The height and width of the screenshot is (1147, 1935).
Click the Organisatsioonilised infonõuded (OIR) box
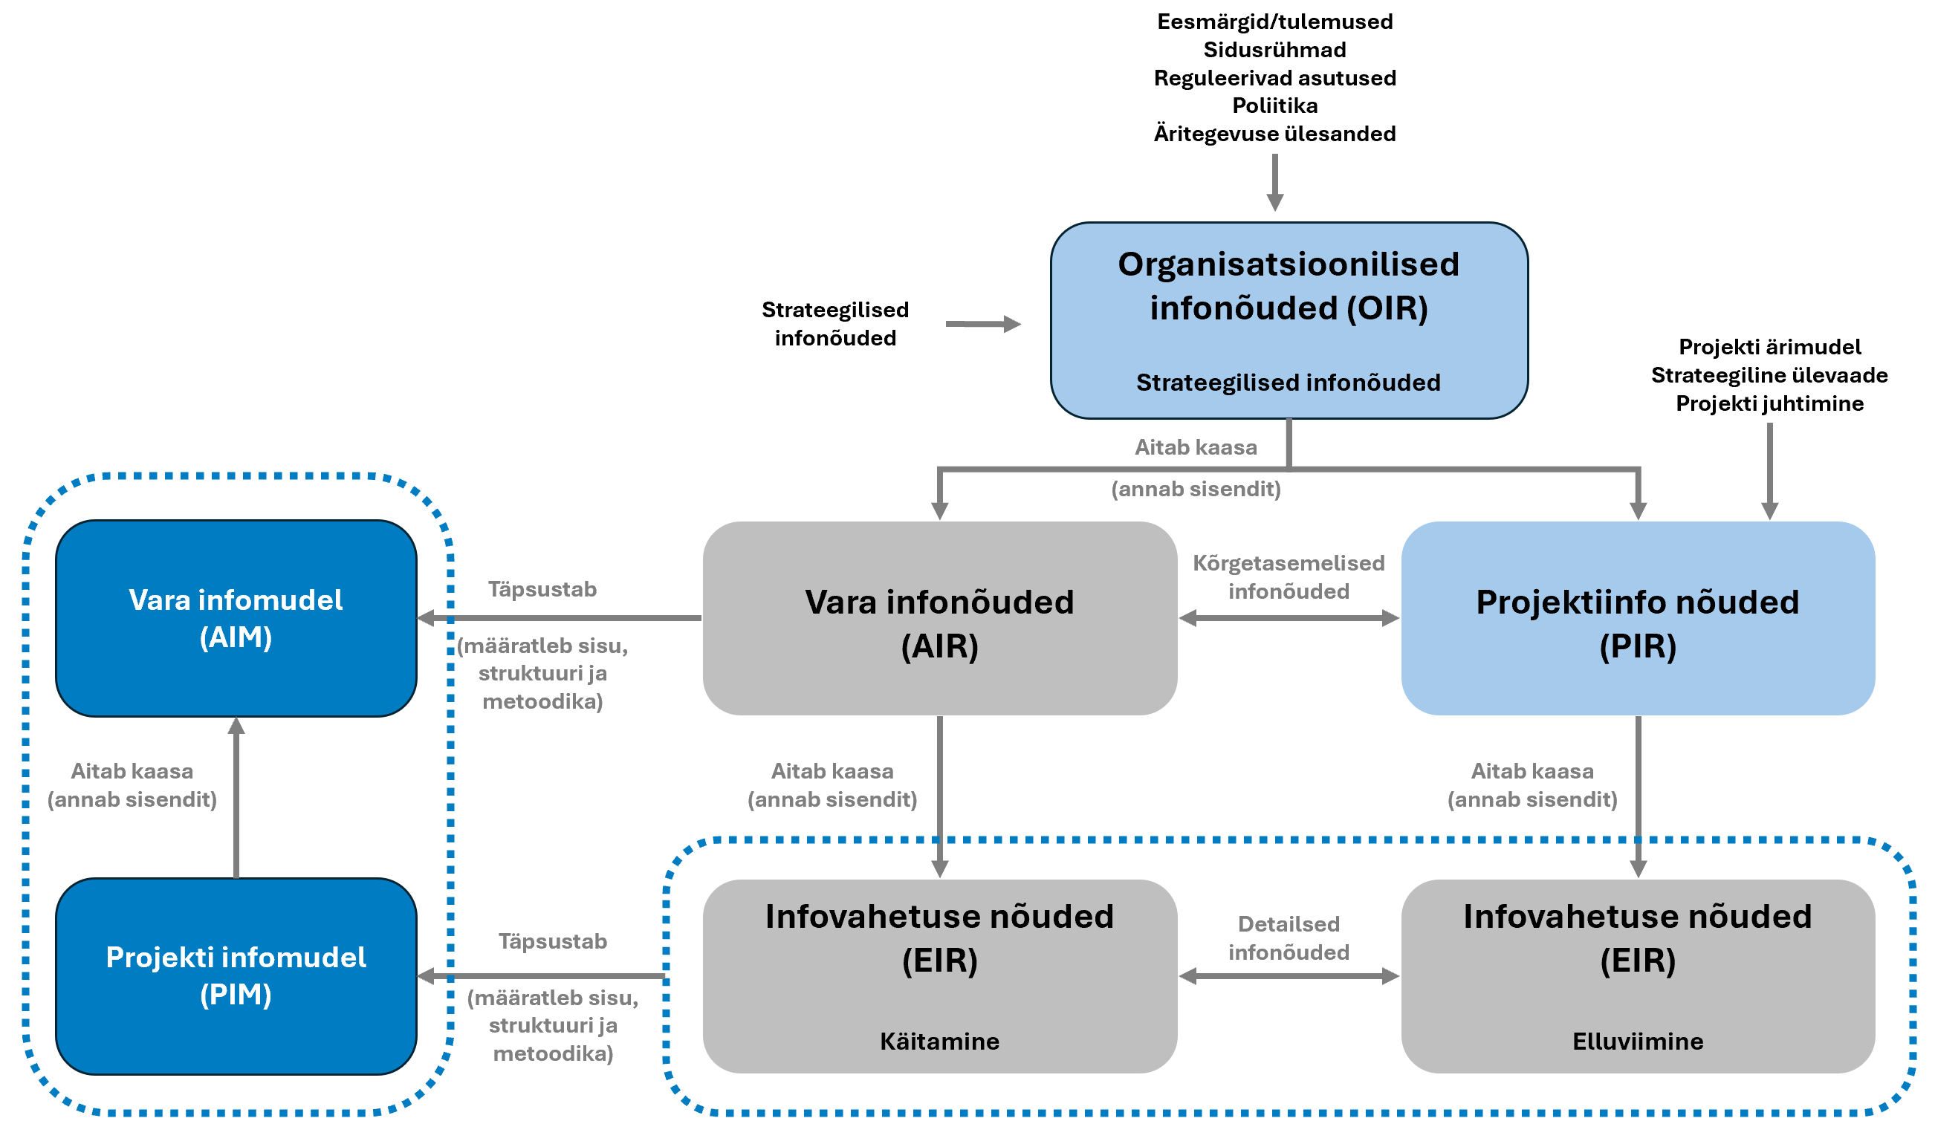point(1289,321)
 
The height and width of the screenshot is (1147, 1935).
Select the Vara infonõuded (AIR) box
point(939,618)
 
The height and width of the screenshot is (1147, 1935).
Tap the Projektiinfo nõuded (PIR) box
point(1637,618)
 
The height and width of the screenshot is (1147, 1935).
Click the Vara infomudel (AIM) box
point(236,618)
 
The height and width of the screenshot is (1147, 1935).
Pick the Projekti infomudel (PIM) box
point(236,975)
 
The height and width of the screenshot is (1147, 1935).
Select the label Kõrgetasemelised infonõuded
point(1289,576)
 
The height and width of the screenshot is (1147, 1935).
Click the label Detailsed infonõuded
point(1289,938)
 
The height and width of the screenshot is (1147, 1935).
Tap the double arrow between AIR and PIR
point(1289,618)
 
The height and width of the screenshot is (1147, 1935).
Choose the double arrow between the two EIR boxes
point(1289,976)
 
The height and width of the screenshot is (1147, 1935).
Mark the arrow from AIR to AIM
point(558,618)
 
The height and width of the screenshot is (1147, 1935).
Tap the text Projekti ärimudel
point(1769,346)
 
